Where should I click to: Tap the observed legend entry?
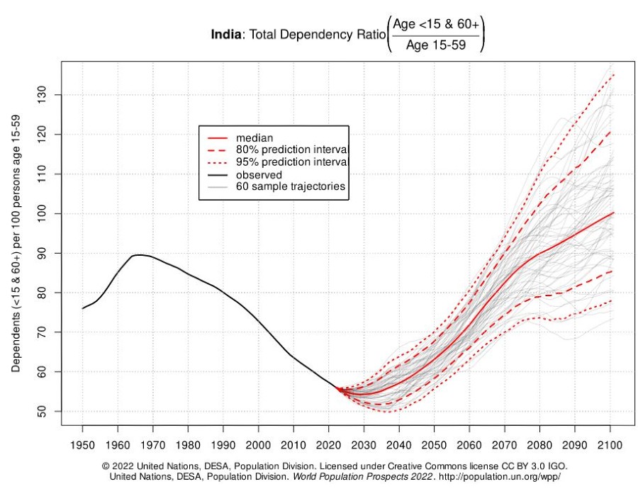click(259, 175)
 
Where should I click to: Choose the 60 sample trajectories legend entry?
click(290, 187)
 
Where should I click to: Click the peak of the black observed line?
click(138, 254)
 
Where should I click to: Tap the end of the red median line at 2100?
click(613, 213)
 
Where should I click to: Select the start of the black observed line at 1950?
click(82, 308)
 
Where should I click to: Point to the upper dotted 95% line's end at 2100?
click(613, 74)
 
